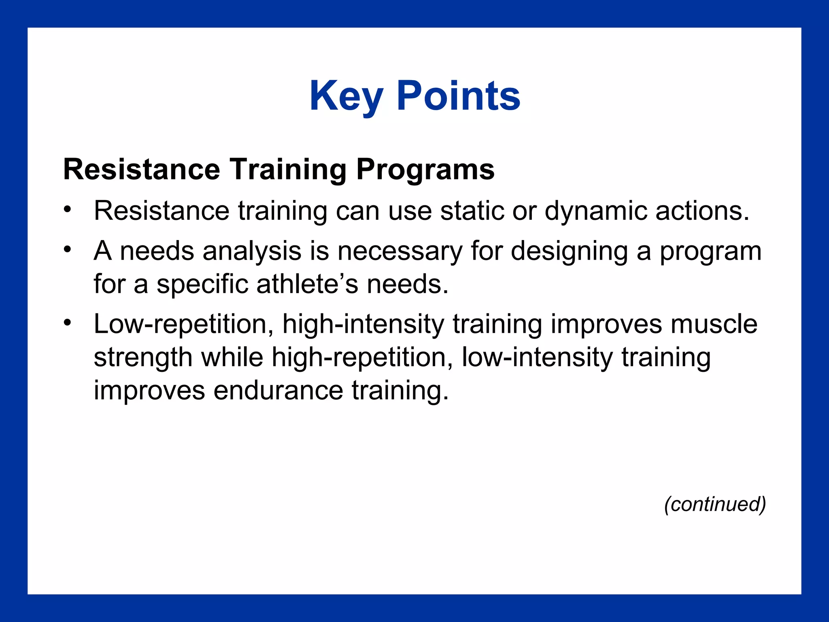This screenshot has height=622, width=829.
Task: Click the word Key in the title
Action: pos(346,96)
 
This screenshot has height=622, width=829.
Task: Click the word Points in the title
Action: pos(458,96)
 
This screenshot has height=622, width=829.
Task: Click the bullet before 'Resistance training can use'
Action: pos(67,210)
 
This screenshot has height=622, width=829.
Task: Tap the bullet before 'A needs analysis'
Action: pos(67,249)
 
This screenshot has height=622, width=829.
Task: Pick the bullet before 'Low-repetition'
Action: pos(67,323)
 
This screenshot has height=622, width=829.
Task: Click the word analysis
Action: pos(252,251)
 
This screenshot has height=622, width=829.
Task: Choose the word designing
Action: pos(569,251)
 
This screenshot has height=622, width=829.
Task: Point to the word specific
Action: pos(202,284)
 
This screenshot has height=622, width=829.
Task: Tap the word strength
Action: pos(143,358)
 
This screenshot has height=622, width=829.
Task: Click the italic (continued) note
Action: pos(715,504)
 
